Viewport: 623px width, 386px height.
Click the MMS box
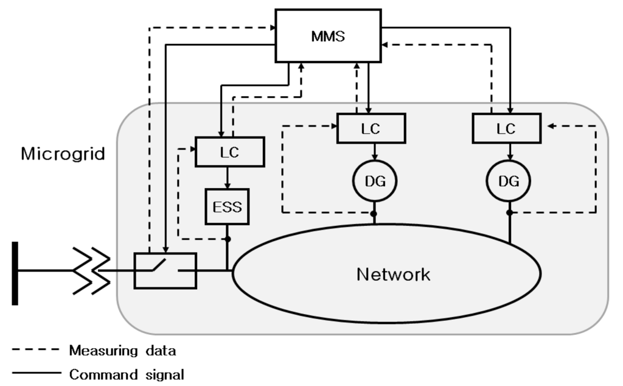329,35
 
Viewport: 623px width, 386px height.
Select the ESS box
227,206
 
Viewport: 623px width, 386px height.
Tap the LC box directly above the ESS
229,152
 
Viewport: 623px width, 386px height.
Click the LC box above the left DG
371,129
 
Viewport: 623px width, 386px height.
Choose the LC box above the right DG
506,129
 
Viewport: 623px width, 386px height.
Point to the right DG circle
508,181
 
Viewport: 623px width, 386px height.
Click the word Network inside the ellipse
393,274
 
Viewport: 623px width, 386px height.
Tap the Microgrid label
63,153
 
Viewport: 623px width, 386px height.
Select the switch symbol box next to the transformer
165,270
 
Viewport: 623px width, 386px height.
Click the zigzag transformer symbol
91,270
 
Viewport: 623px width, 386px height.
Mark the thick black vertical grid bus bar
16,273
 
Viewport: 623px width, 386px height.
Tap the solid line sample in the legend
36,373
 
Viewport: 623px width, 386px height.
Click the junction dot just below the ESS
228,239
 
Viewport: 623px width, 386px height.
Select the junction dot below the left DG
374,212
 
